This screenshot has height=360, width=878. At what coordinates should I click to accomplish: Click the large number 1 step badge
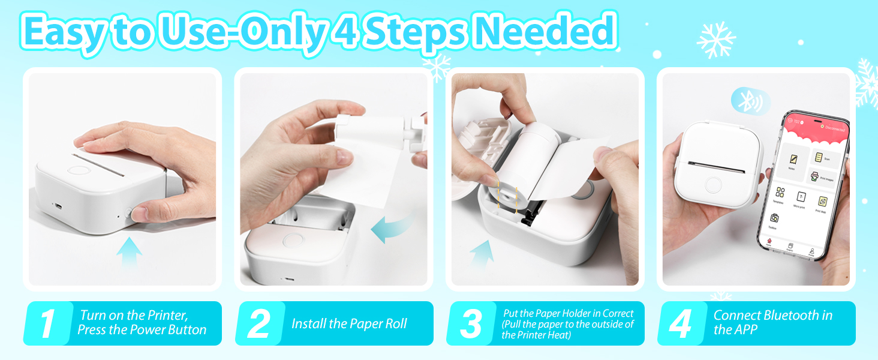click(47, 324)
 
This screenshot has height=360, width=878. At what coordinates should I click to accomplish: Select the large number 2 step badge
click(258, 324)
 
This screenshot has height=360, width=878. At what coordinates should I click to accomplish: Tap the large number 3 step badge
click(471, 324)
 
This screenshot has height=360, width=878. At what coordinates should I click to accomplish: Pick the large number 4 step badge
click(681, 324)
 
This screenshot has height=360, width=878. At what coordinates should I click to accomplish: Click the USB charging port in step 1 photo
click(58, 205)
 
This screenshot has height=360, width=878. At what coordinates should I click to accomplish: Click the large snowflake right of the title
click(716, 40)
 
